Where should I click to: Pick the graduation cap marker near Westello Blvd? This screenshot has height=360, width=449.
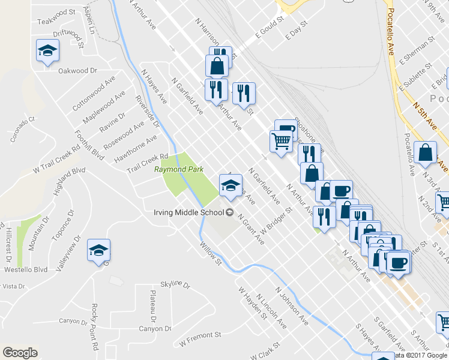coord(99,250)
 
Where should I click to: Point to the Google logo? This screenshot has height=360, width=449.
coord(20,353)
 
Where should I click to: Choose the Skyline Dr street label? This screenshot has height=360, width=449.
coord(175,285)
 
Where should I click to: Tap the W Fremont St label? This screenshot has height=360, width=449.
coord(201,340)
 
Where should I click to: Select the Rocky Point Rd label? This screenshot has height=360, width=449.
coord(94,327)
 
